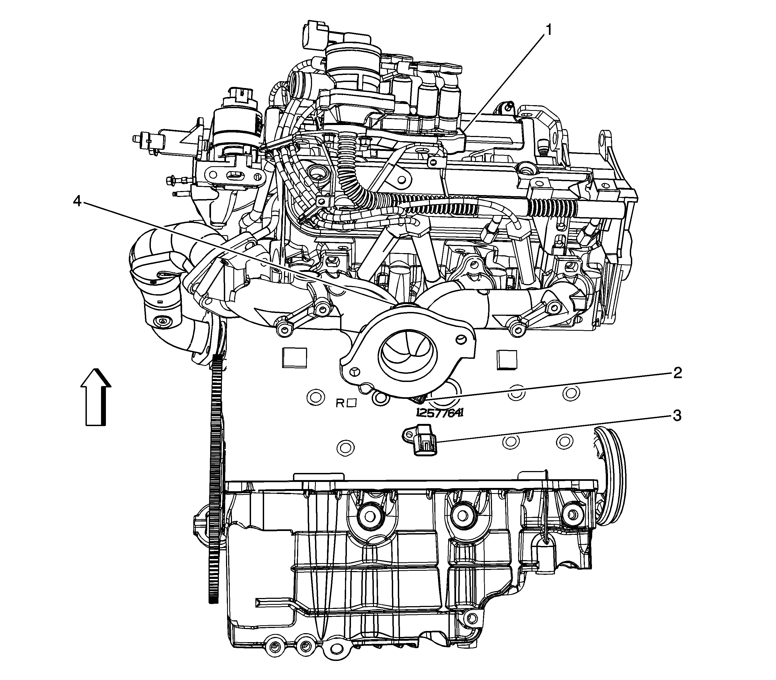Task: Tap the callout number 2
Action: tap(677, 374)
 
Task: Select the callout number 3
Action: tap(677, 416)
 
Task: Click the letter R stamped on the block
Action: tap(340, 403)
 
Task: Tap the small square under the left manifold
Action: tap(294, 357)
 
